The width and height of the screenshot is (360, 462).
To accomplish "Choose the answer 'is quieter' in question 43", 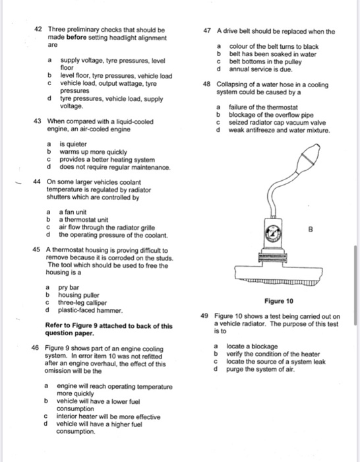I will [73, 144].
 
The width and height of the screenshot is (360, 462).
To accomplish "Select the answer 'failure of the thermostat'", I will [263, 108].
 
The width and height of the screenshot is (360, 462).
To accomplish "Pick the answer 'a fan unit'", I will [73, 212].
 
